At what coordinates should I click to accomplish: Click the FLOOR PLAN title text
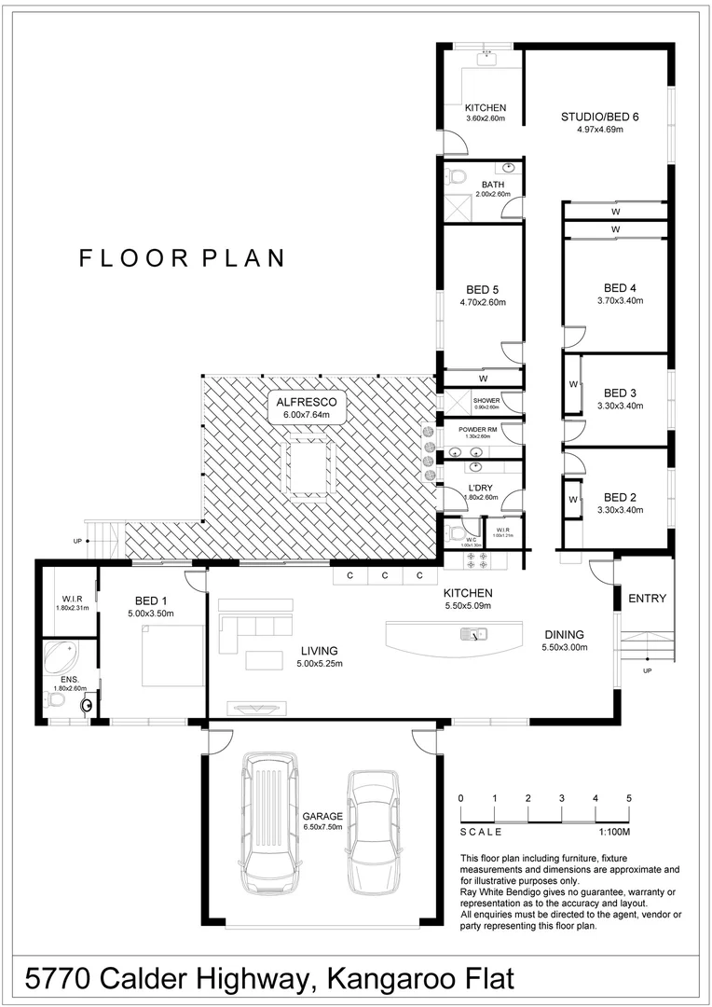182,258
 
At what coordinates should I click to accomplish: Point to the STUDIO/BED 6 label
599,117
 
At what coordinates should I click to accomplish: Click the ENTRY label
647,599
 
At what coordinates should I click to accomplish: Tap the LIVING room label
319,651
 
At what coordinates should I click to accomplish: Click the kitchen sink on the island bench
473,635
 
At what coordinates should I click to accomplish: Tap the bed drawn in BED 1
173,655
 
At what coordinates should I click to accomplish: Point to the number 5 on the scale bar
629,798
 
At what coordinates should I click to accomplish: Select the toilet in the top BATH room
457,176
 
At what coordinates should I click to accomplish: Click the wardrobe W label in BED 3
573,384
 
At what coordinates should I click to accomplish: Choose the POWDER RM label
478,430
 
